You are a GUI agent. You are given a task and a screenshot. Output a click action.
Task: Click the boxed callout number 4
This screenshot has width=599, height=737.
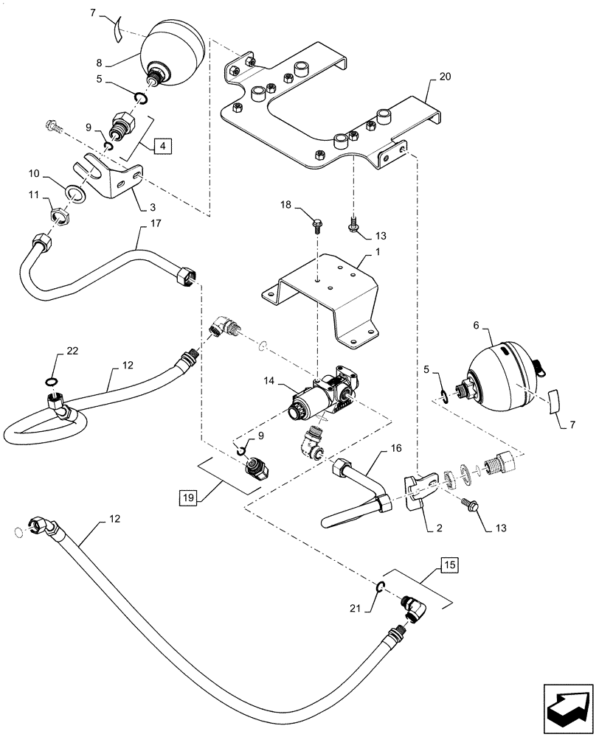click(x=162, y=145)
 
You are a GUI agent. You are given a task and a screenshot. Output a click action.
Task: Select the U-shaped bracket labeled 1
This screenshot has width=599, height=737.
click(x=325, y=295)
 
